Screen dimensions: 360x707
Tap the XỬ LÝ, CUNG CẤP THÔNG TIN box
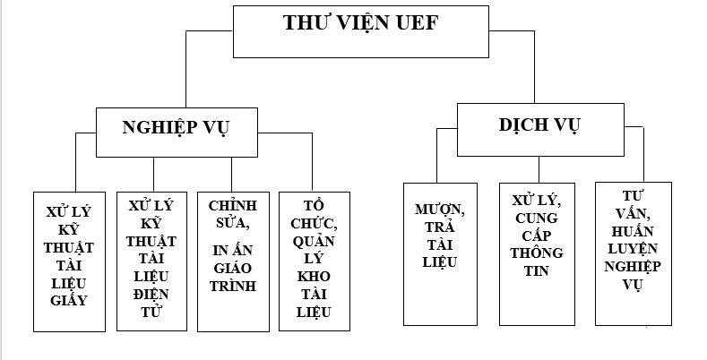tap(536, 253)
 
